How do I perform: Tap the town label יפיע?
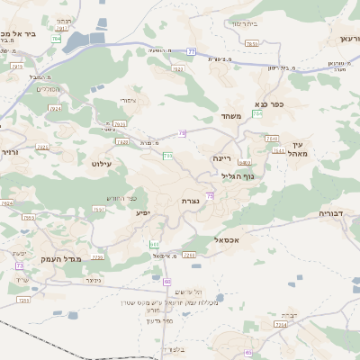tap(142, 213)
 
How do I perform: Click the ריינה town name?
tap(221, 157)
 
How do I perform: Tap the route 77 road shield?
tap(192, 51)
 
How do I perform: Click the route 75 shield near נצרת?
tap(211, 195)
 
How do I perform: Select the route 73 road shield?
tap(20, 265)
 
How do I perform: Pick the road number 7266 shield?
tap(189, 256)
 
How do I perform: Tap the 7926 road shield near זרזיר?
tap(7, 203)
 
